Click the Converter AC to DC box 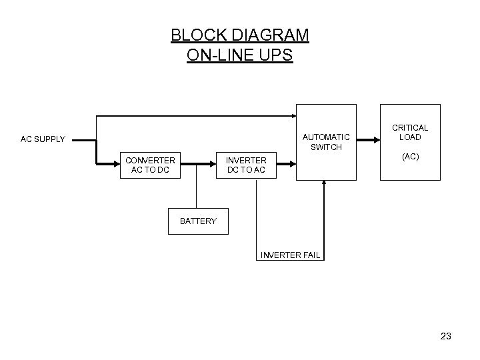[151, 165]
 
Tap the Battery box [198, 221]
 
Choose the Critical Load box [410, 142]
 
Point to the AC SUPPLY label [43, 139]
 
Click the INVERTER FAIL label [291, 255]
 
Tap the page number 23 [445, 337]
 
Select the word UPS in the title [276, 55]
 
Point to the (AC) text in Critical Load [410, 157]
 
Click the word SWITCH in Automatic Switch [327, 147]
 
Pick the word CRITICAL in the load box [410, 127]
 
